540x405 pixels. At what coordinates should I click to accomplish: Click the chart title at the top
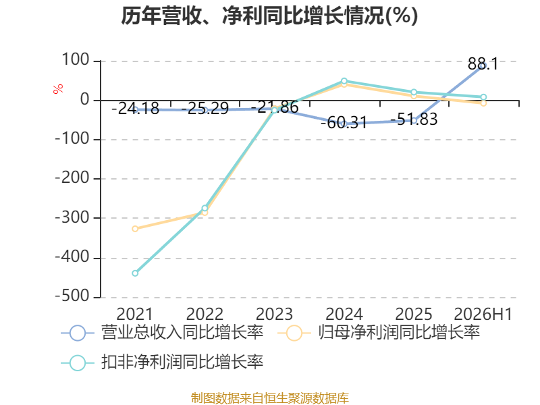(x=269, y=16)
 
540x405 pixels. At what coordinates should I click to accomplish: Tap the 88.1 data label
(x=483, y=64)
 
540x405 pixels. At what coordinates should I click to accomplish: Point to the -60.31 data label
(x=344, y=123)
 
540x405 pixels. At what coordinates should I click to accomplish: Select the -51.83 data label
(x=414, y=119)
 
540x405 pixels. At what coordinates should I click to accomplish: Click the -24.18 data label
(x=136, y=109)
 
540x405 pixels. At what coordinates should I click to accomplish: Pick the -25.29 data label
(x=205, y=109)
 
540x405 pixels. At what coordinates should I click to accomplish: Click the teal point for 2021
(x=135, y=273)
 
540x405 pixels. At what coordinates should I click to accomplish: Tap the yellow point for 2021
(x=135, y=229)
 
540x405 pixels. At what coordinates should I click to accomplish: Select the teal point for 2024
(x=344, y=81)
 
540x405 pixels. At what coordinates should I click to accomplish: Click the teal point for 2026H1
(x=483, y=97)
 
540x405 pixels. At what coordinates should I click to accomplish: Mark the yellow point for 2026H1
(x=483, y=103)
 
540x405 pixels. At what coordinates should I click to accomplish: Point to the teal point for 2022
(x=205, y=208)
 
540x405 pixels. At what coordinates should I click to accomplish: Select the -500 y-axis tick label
(x=72, y=296)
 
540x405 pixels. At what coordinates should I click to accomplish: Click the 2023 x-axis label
(x=274, y=314)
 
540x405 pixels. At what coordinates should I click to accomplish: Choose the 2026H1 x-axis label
(x=483, y=314)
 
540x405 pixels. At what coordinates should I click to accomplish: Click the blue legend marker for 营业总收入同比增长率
(x=78, y=333)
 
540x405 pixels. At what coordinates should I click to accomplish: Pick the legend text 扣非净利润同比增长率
(x=182, y=362)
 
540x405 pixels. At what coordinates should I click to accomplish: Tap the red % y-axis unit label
(x=58, y=88)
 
